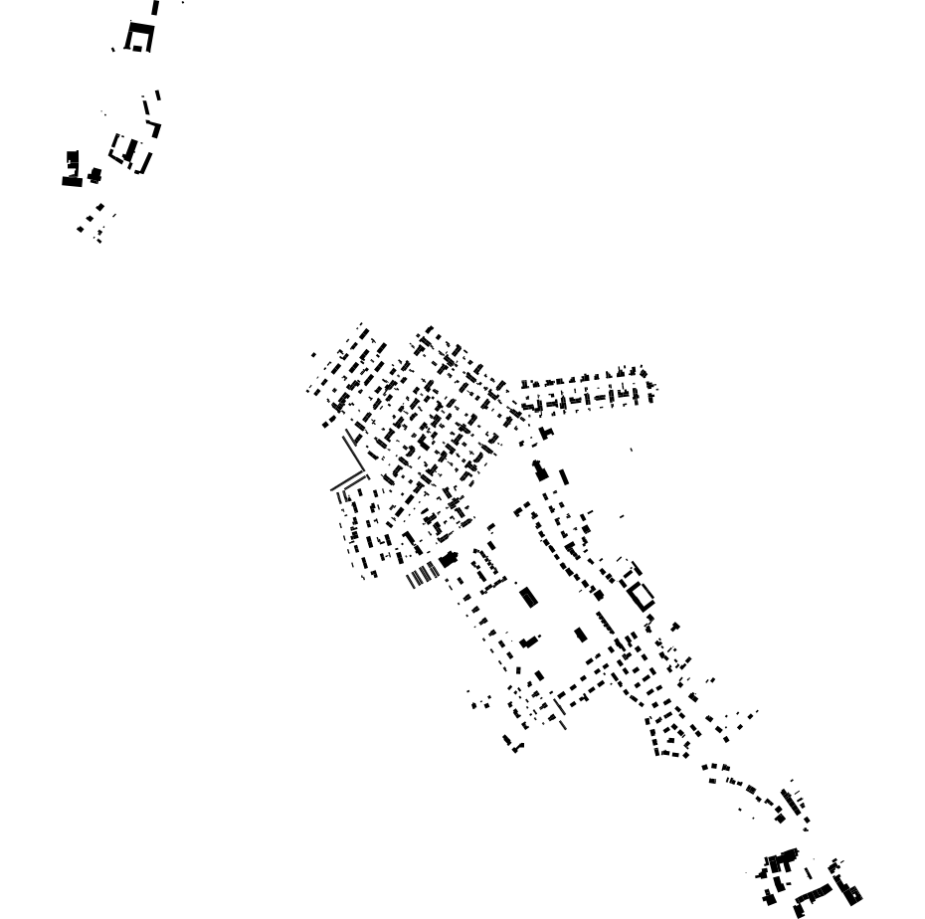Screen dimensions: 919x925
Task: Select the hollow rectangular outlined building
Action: coord(641,595)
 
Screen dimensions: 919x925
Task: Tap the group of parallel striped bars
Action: coord(424,574)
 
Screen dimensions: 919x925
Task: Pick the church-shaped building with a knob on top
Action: coord(540,469)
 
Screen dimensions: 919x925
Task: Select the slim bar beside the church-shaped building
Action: coord(564,477)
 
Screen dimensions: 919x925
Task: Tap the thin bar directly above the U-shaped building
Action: coord(155,7)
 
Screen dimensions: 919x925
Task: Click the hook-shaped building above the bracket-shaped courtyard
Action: coord(154,128)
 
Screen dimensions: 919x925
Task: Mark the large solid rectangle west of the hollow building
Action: coord(528,597)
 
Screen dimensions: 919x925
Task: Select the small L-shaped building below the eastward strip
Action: coord(545,433)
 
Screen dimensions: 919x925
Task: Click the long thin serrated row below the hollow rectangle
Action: coord(605,623)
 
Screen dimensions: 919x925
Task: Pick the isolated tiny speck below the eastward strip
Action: coord(631,450)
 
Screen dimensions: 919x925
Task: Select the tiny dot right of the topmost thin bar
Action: coord(183,3)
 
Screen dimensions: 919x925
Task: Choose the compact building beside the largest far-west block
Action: coord(94,176)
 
